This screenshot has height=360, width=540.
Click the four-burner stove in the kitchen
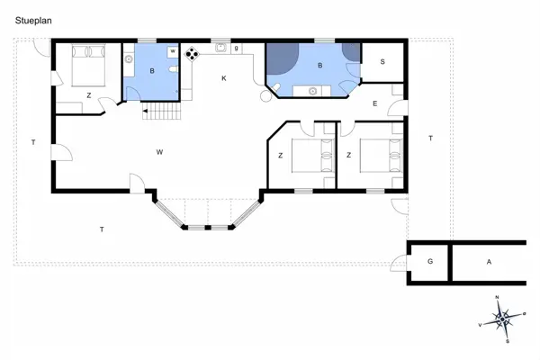coord(192,53)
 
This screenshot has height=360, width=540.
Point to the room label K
coord(224,79)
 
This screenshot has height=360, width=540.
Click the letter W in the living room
coord(158,152)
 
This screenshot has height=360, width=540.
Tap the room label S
coord(382,61)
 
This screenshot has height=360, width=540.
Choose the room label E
coord(375,103)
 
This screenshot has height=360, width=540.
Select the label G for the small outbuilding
coord(429,261)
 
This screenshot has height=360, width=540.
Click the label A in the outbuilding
coord(489,261)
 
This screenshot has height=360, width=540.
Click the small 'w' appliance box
coord(171,52)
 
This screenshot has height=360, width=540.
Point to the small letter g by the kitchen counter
coord(236,49)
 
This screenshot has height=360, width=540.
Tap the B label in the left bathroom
coord(153,70)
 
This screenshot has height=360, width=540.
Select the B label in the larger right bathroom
coord(320,65)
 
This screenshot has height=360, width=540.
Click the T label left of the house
coord(32,142)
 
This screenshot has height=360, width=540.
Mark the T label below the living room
coord(102,230)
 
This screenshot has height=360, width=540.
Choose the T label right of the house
coord(430,138)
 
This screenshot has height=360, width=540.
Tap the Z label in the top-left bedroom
coord(88,94)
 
